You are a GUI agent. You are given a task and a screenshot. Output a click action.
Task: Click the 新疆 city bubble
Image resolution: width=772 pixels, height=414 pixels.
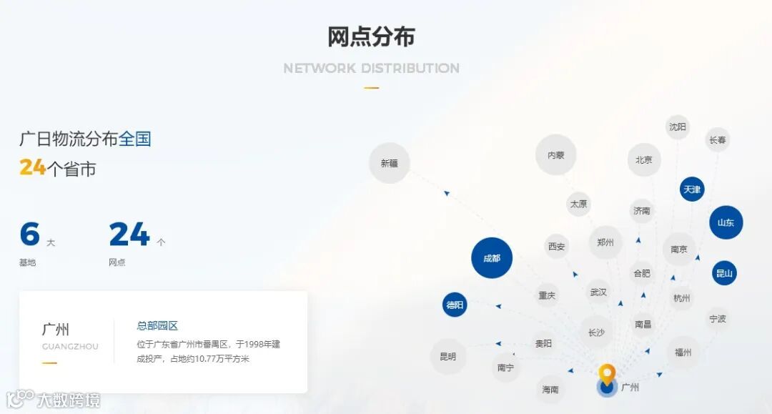click(x=389, y=163)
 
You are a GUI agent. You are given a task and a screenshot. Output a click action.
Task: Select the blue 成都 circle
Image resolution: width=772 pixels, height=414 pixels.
click(x=492, y=258)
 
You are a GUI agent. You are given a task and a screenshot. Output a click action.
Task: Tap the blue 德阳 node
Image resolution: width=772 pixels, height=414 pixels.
click(x=455, y=305)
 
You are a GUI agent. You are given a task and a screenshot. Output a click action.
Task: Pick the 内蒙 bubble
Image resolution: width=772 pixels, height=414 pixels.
click(x=555, y=154)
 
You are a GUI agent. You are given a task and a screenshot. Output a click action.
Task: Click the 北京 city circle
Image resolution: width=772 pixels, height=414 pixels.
click(x=644, y=159)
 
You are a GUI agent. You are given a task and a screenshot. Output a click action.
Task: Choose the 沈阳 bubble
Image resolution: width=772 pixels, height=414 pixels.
click(x=677, y=127)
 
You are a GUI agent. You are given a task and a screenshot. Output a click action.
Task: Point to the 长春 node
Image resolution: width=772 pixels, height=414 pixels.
click(x=717, y=140)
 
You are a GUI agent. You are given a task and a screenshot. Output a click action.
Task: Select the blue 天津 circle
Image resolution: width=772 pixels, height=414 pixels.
click(x=692, y=189)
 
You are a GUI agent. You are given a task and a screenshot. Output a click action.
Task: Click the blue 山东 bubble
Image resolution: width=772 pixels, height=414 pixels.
click(x=726, y=222)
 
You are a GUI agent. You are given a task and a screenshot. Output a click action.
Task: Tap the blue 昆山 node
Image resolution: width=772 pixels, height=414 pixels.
click(x=724, y=272)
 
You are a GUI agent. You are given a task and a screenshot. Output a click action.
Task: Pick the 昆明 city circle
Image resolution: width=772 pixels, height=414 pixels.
click(x=447, y=356)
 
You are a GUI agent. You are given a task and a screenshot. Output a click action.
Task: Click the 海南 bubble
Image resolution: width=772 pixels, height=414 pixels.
click(x=550, y=390)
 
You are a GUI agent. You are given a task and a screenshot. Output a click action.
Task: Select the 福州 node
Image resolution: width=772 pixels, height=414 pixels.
click(x=683, y=353)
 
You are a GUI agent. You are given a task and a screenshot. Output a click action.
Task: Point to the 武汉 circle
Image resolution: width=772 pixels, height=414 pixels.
click(x=598, y=292)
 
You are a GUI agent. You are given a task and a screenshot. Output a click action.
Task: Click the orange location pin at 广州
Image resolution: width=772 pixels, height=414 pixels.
click(x=607, y=375)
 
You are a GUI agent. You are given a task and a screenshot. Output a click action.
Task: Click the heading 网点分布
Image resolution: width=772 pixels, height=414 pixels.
click(x=371, y=37)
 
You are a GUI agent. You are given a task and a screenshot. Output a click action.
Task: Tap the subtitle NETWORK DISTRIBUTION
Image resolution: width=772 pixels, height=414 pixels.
click(x=371, y=69)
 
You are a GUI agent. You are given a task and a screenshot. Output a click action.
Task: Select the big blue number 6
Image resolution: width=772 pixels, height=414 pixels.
click(x=29, y=235)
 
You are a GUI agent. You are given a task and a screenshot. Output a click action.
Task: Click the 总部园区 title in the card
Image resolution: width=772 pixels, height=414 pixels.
click(x=157, y=325)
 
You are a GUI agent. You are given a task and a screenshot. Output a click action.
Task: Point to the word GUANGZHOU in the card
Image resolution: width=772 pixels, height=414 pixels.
click(x=70, y=347)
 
